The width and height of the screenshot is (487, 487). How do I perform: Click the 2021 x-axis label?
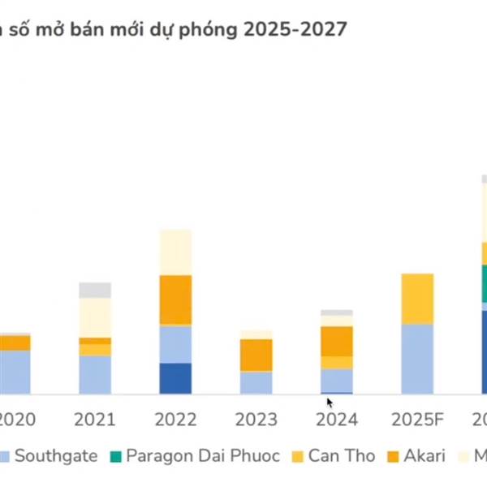[95, 420]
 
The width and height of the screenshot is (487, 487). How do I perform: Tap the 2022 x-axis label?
[175, 420]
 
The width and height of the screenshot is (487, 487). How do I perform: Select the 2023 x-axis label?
[256, 420]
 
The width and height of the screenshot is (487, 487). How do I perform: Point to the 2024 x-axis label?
[336, 420]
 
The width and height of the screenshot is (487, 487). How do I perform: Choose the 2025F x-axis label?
[417, 420]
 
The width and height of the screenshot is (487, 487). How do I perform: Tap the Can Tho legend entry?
[331, 455]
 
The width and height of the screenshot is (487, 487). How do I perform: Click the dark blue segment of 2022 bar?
[175, 378]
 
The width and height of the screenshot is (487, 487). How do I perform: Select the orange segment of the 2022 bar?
[175, 300]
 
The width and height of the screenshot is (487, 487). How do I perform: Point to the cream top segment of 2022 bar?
[175, 252]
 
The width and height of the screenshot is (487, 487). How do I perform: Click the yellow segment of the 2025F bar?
[417, 299]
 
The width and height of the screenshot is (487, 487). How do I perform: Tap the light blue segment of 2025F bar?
[417, 359]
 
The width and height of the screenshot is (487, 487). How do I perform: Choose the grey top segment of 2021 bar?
[95, 290]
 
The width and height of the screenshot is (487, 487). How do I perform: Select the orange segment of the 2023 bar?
[256, 355]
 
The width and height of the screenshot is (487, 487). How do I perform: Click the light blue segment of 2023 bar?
[256, 382]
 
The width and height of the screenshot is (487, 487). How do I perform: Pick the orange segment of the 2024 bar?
[336, 341]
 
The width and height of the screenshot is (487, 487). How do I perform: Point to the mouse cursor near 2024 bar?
[330, 402]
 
